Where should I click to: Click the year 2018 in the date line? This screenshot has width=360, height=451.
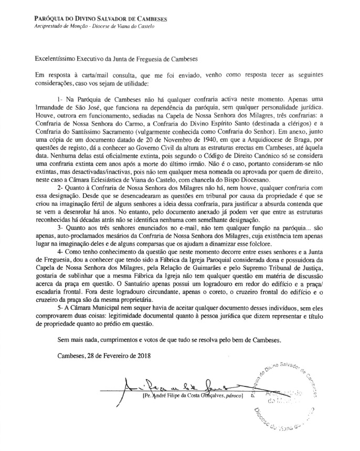tap(142, 356)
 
